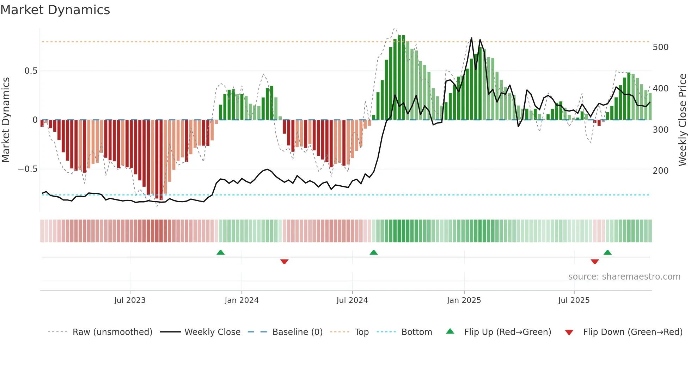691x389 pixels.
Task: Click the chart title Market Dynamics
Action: (x=55, y=10)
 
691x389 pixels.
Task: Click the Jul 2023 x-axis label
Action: (x=130, y=300)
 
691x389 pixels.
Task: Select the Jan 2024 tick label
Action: (x=241, y=300)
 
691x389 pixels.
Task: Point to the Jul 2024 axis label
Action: (x=352, y=300)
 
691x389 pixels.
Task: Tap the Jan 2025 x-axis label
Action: (x=464, y=300)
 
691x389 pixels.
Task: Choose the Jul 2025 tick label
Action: (x=574, y=300)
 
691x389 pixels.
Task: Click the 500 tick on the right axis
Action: (x=660, y=47)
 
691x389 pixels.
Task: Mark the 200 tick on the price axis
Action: (x=660, y=171)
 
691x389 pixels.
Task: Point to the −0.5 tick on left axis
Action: (x=27, y=169)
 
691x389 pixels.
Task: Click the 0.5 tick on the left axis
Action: (x=31, y=71)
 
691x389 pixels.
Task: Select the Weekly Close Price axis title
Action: (x=683, y=120)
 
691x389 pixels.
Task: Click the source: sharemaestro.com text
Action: (x=624, y=277)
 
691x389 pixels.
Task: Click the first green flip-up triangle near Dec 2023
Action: (x=220, y=252)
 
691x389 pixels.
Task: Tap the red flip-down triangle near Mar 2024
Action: (x=284, y=262)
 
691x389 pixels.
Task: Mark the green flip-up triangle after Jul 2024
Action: (x=373, y=252)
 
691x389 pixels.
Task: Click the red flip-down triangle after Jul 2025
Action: (x=594, y=262)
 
